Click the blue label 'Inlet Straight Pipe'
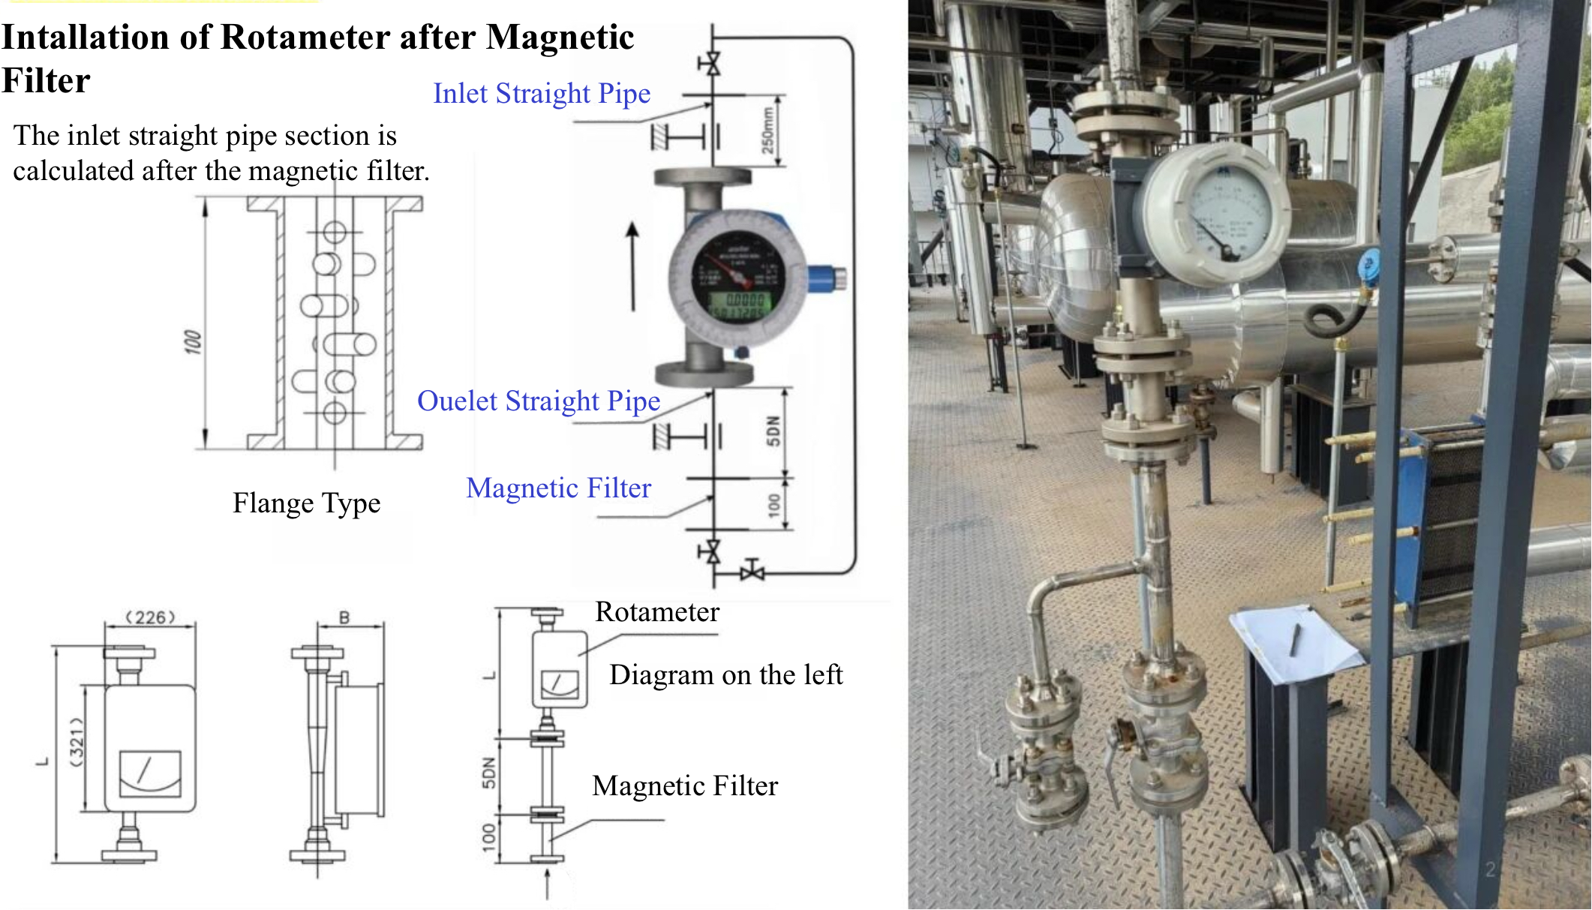pos(541,94)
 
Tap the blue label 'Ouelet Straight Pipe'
pos(538,401)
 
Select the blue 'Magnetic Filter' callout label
pos(558,488)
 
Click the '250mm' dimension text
pos(767,130)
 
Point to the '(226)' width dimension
pos(150,617)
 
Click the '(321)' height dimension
pos(77,741)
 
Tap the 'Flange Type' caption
pos(306,503)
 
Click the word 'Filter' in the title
pos(46,81)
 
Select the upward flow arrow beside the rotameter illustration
pos(633,266)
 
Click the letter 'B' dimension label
pos(344,617)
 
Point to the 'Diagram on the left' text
pos(725,675)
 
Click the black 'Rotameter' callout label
pos(656,612)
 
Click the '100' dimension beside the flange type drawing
pos(193,341)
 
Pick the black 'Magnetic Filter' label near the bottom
pos(684,786)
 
